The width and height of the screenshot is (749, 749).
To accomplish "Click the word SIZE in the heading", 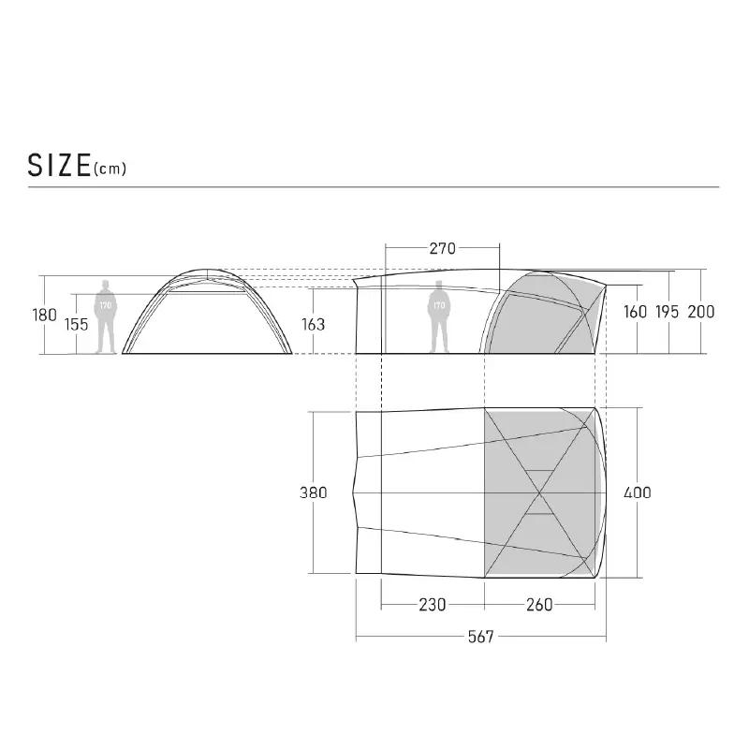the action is coord(59,166).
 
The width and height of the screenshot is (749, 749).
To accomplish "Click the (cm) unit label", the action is coord(110,169).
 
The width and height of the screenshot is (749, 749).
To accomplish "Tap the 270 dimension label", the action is coord(442,248).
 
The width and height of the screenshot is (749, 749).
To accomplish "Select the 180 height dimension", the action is coord(44,315).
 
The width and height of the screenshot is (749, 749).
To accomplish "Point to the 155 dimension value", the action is coord(77,325).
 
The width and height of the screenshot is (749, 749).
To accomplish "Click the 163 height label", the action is coord(313,325).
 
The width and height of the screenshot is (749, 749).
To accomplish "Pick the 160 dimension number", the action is coord(636,312).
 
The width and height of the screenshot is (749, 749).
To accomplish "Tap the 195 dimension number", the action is coord(667,312).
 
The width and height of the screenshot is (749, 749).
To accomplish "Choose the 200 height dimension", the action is coord(701,312).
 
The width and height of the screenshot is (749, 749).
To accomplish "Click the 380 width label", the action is coord(314,492).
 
